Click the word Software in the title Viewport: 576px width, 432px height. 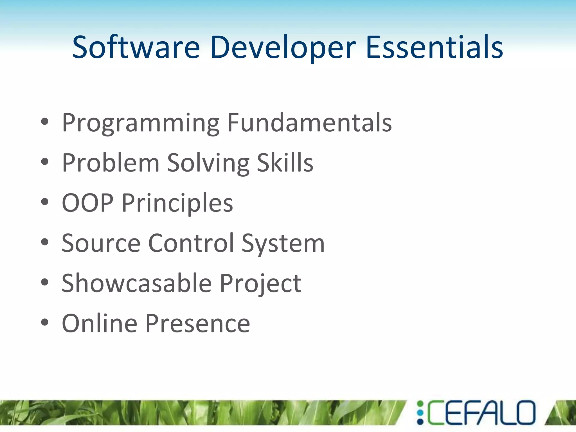136,47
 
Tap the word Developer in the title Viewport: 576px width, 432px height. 283,47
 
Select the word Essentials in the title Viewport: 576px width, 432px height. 435,47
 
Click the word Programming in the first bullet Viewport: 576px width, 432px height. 141,123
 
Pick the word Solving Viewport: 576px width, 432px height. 208,163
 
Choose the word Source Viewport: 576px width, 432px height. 101,243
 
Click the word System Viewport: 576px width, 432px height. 283,244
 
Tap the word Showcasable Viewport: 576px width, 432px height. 136,283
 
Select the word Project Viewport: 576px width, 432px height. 260,283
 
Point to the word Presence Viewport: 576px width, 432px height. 198,323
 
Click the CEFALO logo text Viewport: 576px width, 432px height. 481,412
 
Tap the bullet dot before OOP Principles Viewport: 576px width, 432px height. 45,202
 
